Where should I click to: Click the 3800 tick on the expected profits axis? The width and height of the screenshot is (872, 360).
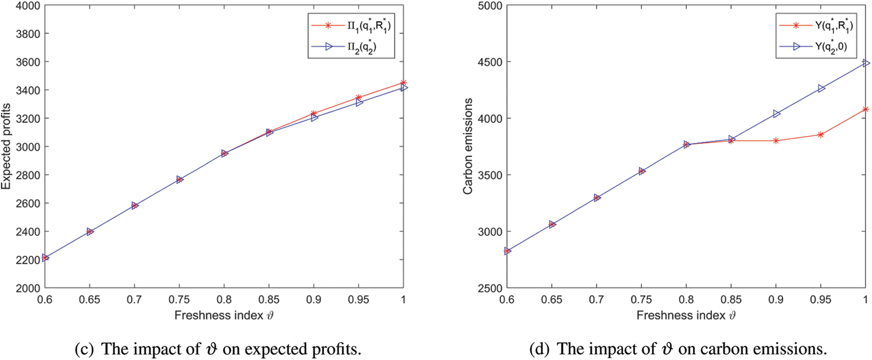[x=28, y=34]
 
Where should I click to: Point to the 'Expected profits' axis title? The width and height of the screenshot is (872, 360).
[x=6, y=146]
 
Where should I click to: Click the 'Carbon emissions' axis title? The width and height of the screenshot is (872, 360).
[x=468, y=146]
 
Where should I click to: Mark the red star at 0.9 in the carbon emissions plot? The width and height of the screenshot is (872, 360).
[x=776, y=141]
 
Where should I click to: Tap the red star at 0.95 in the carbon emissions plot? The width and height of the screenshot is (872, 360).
[x=820, y=134]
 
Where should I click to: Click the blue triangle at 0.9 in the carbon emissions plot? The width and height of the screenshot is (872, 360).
[x=777, y=114]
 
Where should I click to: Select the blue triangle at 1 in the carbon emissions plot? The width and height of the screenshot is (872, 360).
[x=866, y=63]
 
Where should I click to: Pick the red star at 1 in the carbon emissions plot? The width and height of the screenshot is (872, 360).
[x=866, y=109]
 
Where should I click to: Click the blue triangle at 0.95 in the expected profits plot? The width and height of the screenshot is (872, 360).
[x=359, y=103]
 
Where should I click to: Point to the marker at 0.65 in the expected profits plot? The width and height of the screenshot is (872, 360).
[x=90, y=232]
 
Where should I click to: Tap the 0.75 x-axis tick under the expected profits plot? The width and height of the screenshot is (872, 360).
[x=179, y=300]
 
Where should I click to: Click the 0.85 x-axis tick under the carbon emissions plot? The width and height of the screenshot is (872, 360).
[x=731, y=300]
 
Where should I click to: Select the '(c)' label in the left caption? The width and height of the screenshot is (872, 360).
[x=84, y=349]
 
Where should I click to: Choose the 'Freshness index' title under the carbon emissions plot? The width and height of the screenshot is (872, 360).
[x=681, y=315]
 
